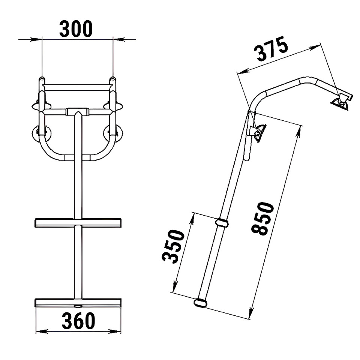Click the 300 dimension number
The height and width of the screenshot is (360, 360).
tap(76, 29)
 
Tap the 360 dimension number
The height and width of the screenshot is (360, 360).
tap(78, 321)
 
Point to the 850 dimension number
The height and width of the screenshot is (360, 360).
tap(263, 218)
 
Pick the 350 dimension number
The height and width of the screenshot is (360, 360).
tap(173, 246)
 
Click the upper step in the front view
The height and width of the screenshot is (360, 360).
tap(78, 223)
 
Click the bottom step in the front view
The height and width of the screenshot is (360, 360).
tap(78, 303)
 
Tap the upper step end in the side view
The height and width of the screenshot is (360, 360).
tap(222, 223)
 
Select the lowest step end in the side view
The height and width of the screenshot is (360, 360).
tap(201, 303)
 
